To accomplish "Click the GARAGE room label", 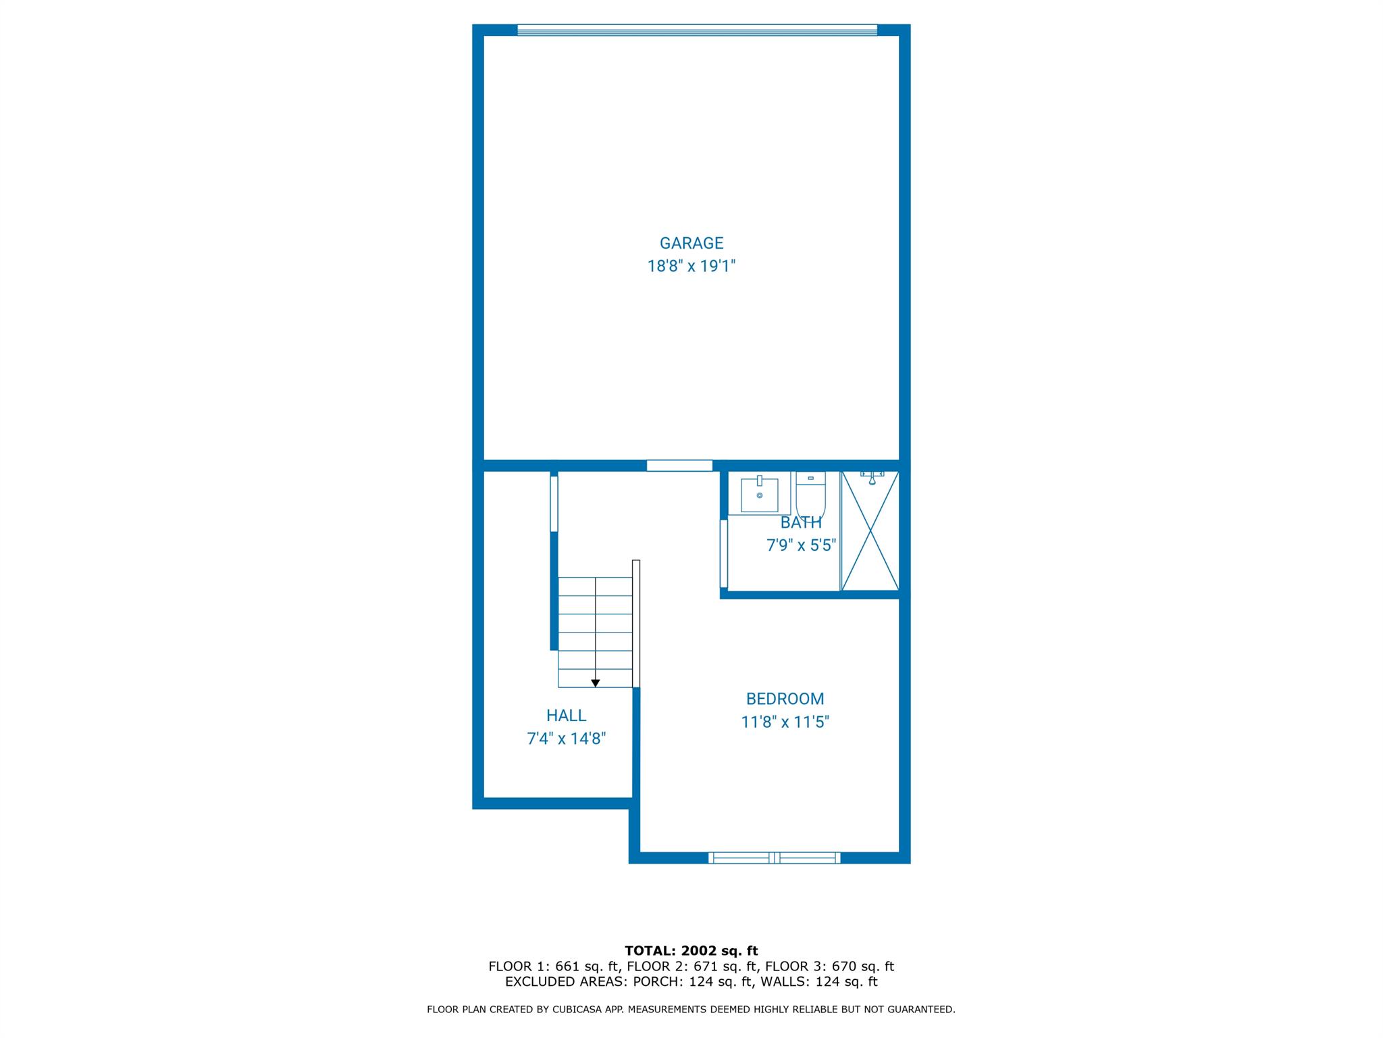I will point(691,243).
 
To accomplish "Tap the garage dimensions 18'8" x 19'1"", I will point(691,266).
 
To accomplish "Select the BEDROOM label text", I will point(785,699).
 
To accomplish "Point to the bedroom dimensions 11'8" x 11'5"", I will point(785,722).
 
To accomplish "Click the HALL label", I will point(566,715).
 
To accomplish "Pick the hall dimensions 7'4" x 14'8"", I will point(566,739).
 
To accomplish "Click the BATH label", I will point(801,522).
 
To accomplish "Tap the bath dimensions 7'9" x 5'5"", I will point(801,545).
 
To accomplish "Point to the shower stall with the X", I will point(870,531).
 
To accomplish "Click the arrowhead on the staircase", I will point(595,683).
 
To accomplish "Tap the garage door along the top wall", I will point(697,30).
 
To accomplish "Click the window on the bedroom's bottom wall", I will point(775,858).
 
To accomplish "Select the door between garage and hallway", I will point(679,466).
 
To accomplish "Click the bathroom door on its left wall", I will point(724,553).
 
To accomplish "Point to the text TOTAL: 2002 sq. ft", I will point(691,951).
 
